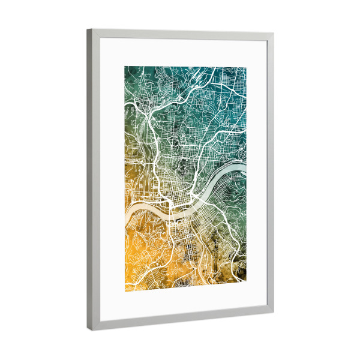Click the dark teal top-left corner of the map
click(x=125, y=67)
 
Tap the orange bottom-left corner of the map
click(x=125, y=292)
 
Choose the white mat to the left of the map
click(x=112, y=180)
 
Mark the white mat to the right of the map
click(x=256, y=180)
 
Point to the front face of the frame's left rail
click(x=96, y=180)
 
